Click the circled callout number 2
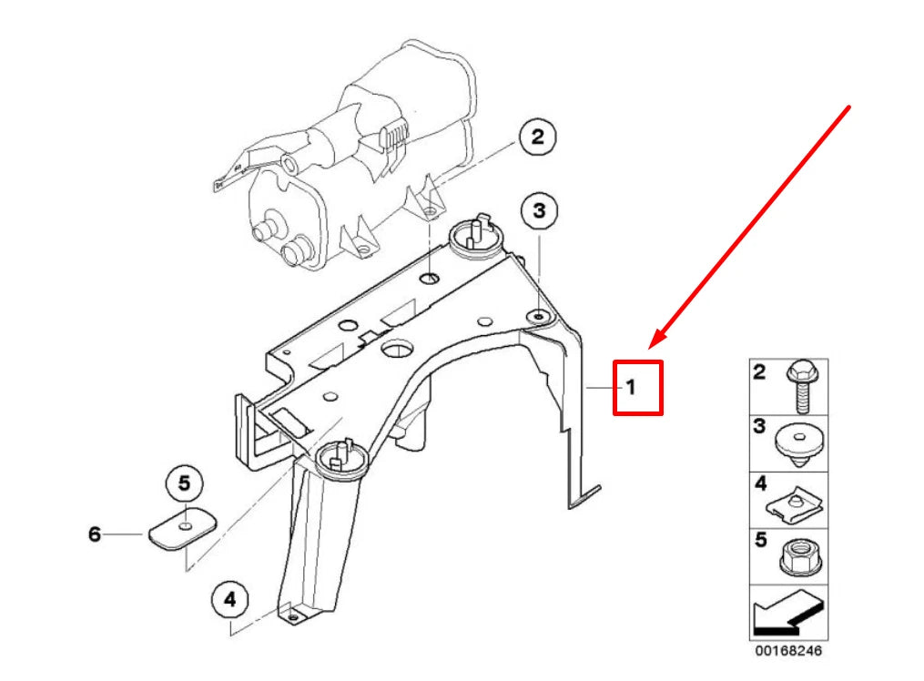pyautogui.click(x=537, y=137)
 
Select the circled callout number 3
pyautogui.click(x=539, y=211)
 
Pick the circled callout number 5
pyautogui.click(x=185, y=482)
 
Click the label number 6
pyautogui.click(x=94, y=534)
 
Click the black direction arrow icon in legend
pyautogui.click(x=788, y=614)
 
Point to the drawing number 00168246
pyautogui.click(x=788, y=652)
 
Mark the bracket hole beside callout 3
pyautogui.click(x=539, y=316)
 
